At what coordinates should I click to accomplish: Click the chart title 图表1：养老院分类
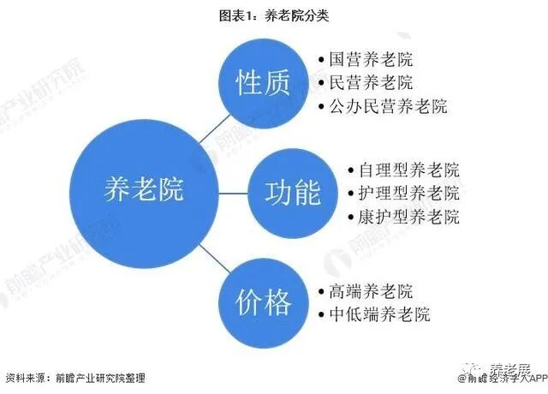(x=274, y=15)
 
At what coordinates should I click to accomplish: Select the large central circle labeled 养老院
(x=143, y=190)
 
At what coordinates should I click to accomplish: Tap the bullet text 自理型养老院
(x=409, y=169)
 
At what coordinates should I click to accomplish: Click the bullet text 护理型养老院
(x=409, y=192)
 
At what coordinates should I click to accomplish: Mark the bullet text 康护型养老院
(x=409, y=216)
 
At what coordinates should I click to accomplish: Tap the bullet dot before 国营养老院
(x=321, y=61)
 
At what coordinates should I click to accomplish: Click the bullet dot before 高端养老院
(x=321, y=291)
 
